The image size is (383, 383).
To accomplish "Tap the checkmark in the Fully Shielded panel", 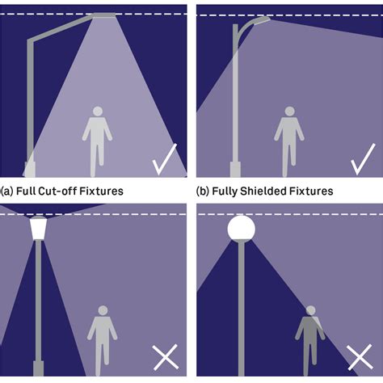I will pyautogui.click(x=363, y=159).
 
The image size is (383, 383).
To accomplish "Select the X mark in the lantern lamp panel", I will pyautogui.click(x=166, y=356).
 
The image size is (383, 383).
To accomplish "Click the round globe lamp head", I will pyautogui.click(x=240, y=228).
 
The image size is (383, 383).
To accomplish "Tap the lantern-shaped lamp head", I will pyautogui.click(x=38, y=228).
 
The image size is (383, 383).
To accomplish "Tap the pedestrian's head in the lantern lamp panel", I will pyautogui.click(x=102, y=310).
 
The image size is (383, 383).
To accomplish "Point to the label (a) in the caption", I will pyautogui.click(x=6, y=191).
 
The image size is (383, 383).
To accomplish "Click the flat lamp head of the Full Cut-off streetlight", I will pyautogui.click(x=99, y=15).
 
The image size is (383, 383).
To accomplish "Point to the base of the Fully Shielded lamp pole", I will pyautogui.click(x=235, y=169).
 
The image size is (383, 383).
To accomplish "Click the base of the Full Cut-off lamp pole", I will pyautogui.click(x=30, y=169).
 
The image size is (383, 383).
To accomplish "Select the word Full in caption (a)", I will pyautogui.click(x=27, y=191).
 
